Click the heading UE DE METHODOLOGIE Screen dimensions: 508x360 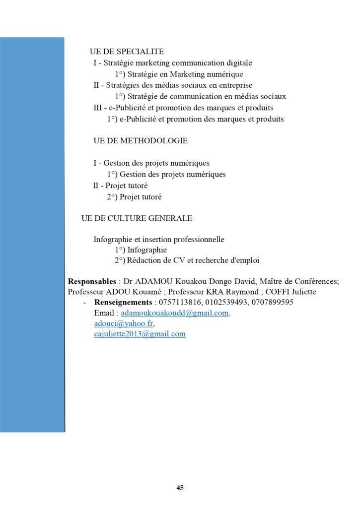click(140, 141)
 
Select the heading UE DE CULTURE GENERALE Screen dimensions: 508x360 click(137, 218)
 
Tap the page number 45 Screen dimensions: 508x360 click(180, 488)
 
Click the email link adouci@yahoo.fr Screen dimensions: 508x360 click(124, 323)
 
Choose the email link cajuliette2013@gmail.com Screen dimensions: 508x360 click(140, 334)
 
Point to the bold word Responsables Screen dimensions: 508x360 click(92, 281)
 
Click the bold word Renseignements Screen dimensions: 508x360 click(123, 302)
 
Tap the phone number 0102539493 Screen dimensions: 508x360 click(225, 302)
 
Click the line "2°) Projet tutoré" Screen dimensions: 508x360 click(134, 197)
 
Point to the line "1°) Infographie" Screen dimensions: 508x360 click(141, 250)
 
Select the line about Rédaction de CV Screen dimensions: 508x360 click(187, 260)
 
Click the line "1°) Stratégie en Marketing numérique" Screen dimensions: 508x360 click(179, 74)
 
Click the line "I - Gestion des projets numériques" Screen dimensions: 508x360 click(151, 163)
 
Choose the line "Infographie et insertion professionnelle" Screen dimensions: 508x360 click(159, 240)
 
